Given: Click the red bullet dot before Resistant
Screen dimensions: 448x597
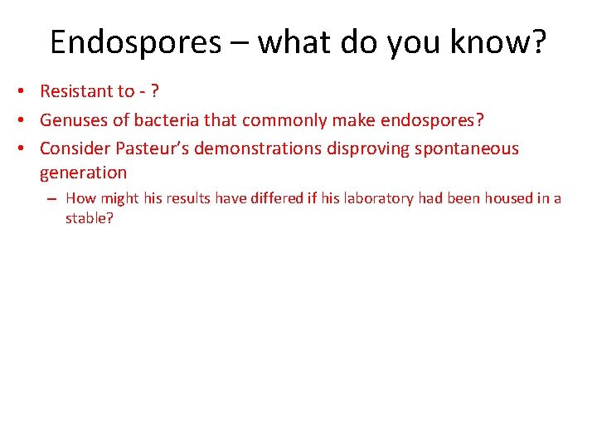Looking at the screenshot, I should click(x=27, y=92).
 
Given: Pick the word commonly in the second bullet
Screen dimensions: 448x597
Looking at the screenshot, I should click(x=283, y=120).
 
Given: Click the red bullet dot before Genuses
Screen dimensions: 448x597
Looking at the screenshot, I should click(x=27, y=121).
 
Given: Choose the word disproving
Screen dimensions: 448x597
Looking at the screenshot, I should click(x=369, y=149).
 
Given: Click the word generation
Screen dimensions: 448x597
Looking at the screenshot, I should click(x=83, y=173).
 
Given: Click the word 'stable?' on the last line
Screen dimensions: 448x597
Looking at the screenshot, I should click(x=89, y=219).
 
